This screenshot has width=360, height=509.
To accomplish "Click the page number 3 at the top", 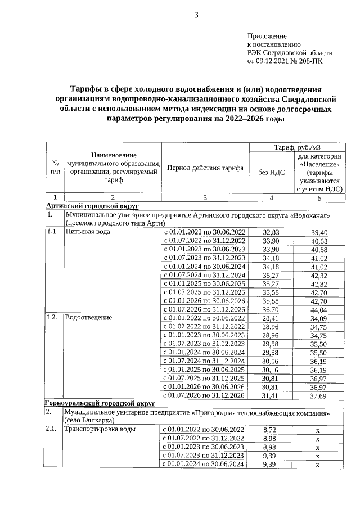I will click(x=196, y=15).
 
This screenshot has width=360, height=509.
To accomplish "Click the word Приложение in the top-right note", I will click(x=267, y=35).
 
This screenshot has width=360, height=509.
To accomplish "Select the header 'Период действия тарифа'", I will click(x=205, y=168).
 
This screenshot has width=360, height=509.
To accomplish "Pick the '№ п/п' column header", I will click(x=54, y=168).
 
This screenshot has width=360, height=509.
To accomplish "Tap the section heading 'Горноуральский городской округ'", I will click(x=96, y=403).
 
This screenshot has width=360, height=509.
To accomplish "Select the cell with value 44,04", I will click(x=319, y=309).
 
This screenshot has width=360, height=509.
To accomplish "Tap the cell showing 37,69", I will click(x=319, y=395).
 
